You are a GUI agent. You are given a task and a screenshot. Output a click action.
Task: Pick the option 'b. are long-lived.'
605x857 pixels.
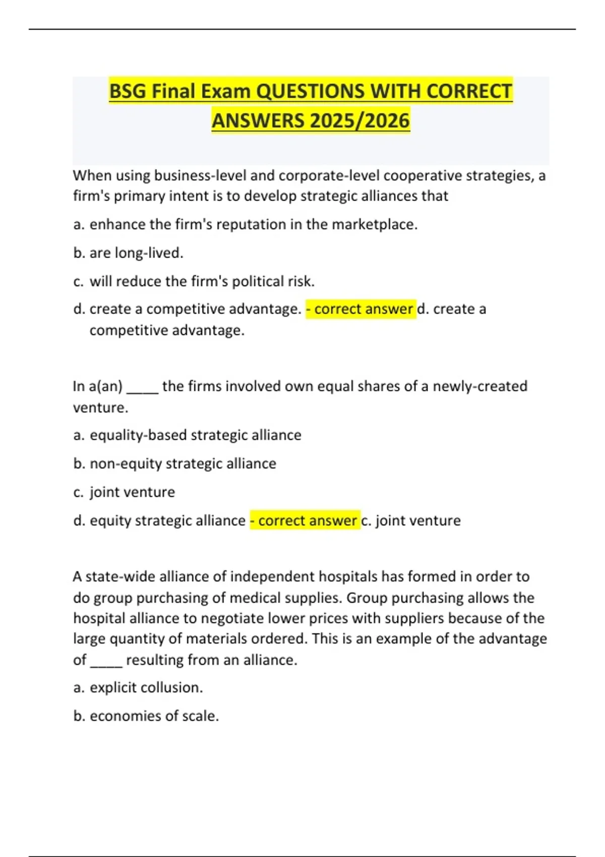[x=129, y=253]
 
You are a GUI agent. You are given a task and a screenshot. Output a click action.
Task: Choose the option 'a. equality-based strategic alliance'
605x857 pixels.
[x=188, y=435]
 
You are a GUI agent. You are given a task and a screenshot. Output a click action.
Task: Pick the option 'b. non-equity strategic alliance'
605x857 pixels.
[x=175, y=463]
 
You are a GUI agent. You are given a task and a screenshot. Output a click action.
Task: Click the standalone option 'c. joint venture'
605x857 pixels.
[x=125, y=492]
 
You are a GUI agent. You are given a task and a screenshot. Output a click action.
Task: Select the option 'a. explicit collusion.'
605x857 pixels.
[x=138, y=688]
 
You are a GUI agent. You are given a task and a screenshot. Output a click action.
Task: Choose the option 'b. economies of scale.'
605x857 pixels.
[x=146, y=716]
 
